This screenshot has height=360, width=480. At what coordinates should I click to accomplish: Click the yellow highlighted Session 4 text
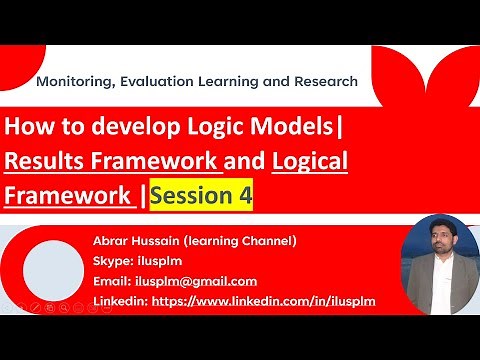pos(200,197)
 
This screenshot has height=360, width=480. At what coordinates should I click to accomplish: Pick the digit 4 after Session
pos(244,197)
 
